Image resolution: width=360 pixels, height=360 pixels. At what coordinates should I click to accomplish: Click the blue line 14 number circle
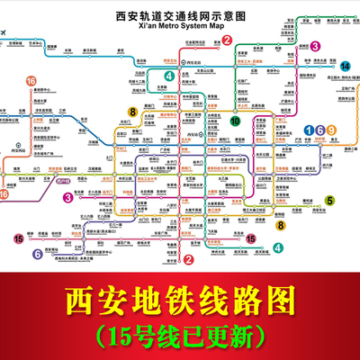(x=345, y=67)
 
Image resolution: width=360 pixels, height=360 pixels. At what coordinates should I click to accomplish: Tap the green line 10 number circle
(x=236, y=120)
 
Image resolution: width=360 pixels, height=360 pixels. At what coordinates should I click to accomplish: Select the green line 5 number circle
(x=328, y=201)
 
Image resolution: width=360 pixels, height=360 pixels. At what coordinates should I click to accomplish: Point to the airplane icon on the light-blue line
(x=7, y=37)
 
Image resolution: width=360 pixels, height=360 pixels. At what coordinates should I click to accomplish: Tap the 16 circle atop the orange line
(x=31, y=81)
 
